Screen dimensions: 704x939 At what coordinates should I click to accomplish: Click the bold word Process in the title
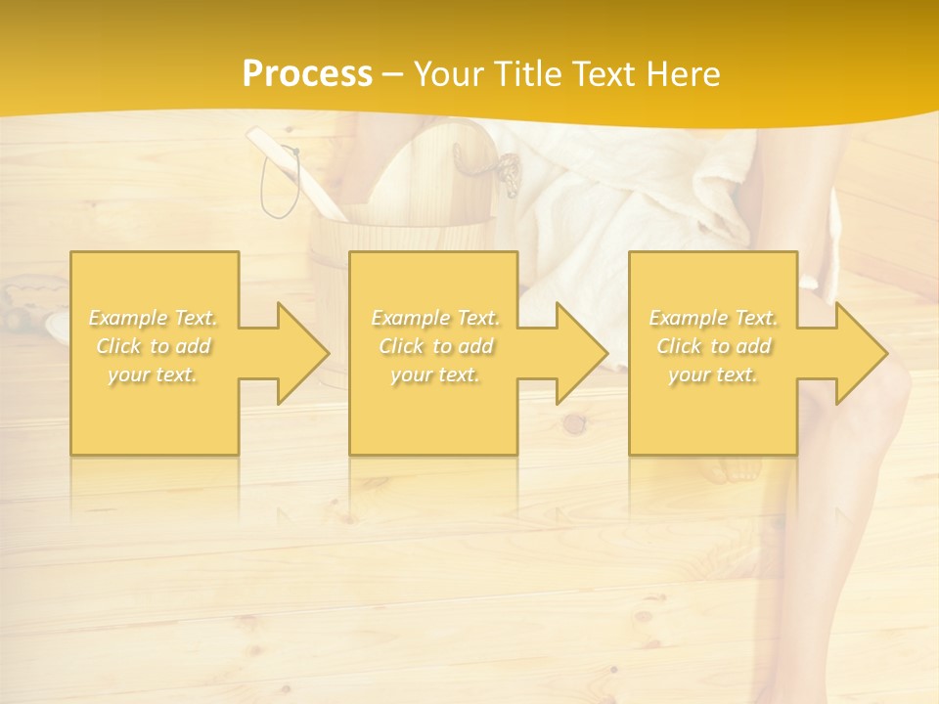click(x=307, y=74)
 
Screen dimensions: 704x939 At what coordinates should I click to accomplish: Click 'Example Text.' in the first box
click(x=154, y=318)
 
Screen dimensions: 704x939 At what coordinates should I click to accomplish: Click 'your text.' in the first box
click(x=153, y=374)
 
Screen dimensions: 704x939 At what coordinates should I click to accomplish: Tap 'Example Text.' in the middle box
click(x=435, y=318)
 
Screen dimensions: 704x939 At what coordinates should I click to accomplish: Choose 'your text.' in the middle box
click(x=434, y=374)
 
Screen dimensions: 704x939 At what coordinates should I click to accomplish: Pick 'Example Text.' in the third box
click(x=713, y=318)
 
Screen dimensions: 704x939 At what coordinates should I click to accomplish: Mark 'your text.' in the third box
click(x=713, y=374)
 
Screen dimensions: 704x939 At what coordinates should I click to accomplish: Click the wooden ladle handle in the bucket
click(x=293, y=166)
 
